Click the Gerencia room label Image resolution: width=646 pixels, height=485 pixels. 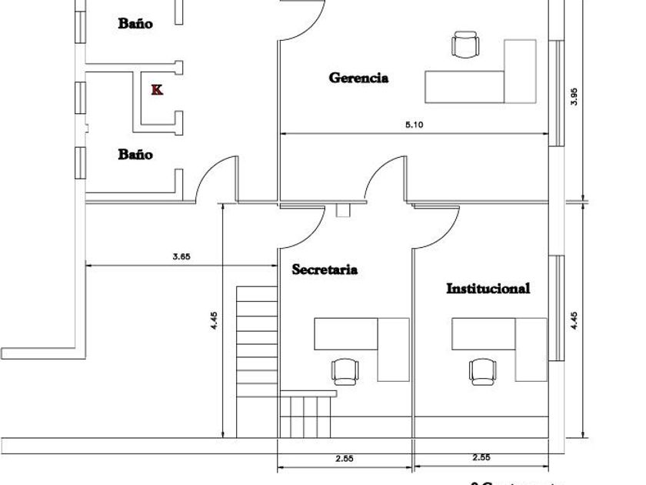(358, 78)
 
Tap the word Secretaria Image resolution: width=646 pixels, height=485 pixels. (325, 270)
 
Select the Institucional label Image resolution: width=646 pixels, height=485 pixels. (488, 289)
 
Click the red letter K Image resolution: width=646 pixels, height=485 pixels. (157, 90)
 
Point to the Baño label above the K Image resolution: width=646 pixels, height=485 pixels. (135, 23)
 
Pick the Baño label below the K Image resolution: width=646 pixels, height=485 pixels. (135, 154)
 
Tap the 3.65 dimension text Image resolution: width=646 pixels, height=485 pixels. (181, 257)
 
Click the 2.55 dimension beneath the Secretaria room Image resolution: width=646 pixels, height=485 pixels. (345, 458)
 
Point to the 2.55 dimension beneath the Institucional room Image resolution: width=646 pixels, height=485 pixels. (481, 458)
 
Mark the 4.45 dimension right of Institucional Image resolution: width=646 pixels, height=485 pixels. (574, 319)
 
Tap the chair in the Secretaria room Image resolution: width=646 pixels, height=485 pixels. (345, 371)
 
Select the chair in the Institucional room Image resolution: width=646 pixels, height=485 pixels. (481, 371)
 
